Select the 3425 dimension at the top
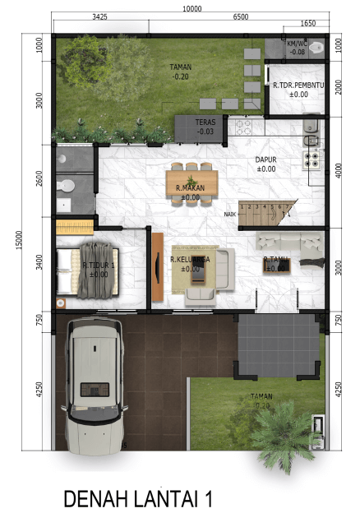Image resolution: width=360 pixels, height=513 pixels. pos(100,16)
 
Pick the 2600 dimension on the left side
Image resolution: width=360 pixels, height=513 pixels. pos(39,179)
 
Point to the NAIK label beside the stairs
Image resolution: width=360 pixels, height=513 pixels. pos(229,214)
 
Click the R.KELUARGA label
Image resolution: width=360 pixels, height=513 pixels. pos(190,260)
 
